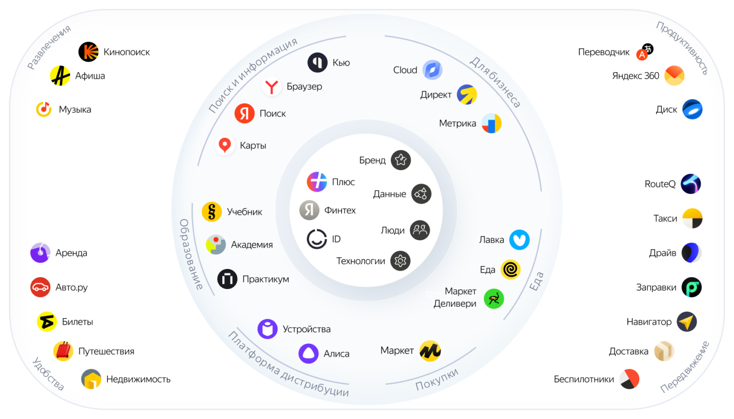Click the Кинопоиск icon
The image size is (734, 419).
[88, 52]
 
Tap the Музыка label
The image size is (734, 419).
[75, 109]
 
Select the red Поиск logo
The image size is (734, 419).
[244, 113]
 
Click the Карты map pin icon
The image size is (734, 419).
[225, 145]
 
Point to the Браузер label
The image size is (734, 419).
[304, 86]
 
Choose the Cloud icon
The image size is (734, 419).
[432, 70]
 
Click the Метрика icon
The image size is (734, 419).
[491, 123]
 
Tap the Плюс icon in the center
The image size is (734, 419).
[317, 182]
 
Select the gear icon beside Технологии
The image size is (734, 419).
[400, 261]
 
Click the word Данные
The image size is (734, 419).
[389, 194]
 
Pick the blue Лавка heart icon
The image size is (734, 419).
[519, 240]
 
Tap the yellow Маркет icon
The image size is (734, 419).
[430, 351]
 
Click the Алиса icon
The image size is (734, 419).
[309, 354]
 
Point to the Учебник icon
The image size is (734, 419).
[212, 212]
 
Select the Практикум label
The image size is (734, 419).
[266, 279]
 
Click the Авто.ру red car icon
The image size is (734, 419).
[40, 287]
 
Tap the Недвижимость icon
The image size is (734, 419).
[91, 379]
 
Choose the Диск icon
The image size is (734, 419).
[692, 109]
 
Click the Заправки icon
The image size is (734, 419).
[691, 287]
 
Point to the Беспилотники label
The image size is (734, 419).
[583, 379]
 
